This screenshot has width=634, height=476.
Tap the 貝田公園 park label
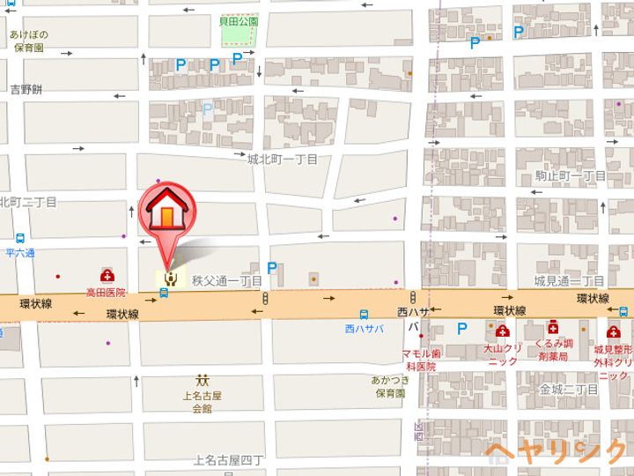coord(239,20)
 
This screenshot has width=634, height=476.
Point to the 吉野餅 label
coord(26,89)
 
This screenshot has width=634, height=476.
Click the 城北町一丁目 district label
coord(282,159)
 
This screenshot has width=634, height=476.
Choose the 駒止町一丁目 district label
coord(571,176)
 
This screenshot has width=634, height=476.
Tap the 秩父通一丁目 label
coord(226,281)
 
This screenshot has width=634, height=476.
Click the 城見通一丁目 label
coord(570,280)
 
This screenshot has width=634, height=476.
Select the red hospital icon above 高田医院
coord(107,276)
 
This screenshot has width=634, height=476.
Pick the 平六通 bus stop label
coord(19,253)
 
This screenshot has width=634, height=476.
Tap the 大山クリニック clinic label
coord(503,354)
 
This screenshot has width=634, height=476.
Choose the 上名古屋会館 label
coord(202,402)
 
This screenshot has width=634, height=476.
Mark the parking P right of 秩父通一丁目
coord(272,268)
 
